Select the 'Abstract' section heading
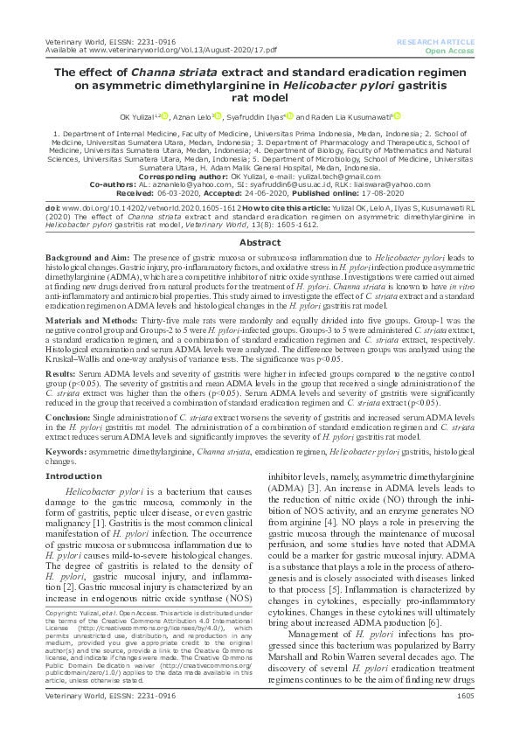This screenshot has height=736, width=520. (x=260, y=218)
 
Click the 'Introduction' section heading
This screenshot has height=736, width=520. (x=73, y=476)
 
